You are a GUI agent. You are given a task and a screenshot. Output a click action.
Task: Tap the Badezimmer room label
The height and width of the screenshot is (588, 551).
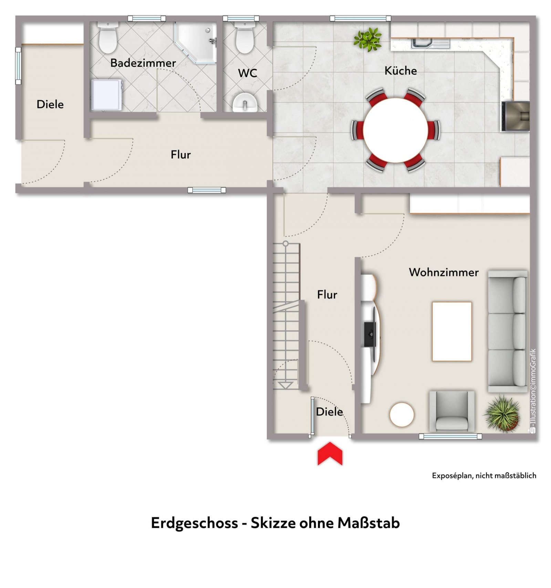coord(143,63)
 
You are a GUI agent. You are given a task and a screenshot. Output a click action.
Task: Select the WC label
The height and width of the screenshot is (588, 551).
coord(247,73)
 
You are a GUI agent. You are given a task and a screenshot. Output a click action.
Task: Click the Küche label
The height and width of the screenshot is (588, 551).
coord(401,71)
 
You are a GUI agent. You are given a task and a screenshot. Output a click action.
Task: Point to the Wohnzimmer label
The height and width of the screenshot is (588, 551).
coord(444,272)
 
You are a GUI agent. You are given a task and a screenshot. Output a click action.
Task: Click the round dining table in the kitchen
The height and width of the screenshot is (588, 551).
coord(395,130)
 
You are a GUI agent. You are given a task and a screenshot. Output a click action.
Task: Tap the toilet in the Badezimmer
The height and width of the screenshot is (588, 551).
coord(108,38)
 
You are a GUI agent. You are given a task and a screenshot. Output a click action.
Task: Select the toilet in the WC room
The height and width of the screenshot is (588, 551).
coord(245,38)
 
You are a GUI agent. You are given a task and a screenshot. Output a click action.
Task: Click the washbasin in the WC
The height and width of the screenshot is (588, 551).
coord(245,102)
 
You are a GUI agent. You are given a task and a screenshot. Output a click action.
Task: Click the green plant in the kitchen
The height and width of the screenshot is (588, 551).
coord(368,39)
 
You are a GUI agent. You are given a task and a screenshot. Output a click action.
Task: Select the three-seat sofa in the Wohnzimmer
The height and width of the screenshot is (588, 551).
coord(508,331)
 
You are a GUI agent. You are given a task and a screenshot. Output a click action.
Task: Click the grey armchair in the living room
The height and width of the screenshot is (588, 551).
coord(451,411)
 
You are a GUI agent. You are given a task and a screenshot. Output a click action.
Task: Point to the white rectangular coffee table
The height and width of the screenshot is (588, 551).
coord(452,331)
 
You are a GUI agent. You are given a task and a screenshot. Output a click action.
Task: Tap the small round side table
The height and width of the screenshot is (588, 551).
coord(402,415)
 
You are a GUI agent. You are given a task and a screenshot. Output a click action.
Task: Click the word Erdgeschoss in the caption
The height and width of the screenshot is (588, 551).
coord(195,523)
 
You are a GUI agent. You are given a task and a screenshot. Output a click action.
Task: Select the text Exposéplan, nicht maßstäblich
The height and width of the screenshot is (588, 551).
coord(484,476)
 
